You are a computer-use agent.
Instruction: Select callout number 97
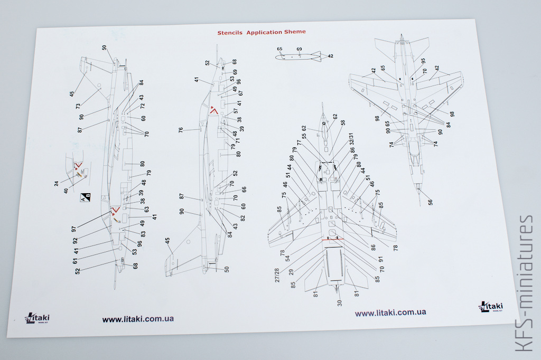pyautogui.click(x=74, y=229)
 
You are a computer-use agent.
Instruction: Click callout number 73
pyautogui.click(x=78, y=106)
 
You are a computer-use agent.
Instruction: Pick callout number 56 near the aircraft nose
pyautogui.click(x=430, y=202)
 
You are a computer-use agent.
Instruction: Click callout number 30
pyautogui.click(x=339, y=302)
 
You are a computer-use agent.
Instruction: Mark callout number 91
pyautogui.click(x=380, y=259)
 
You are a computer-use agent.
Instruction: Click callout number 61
pyautogui.click(x=75, y=260)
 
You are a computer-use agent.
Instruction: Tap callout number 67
pyautogui.click(x=240, y=93)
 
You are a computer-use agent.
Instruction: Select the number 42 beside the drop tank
pyautogui.click(x=330, y=56)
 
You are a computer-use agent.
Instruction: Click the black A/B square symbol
pyautogui.click(x=85, y=197)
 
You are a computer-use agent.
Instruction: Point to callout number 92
pyautogui.click(x=75, y=240)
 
